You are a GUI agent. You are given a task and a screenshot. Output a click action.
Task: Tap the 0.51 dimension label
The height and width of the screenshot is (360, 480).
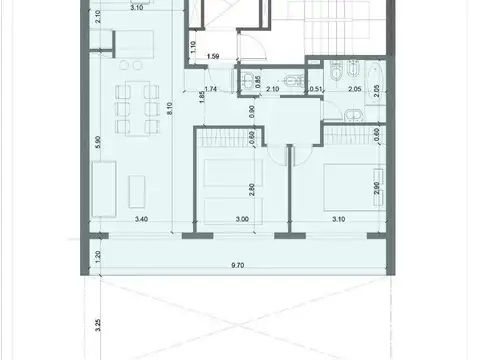315,89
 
